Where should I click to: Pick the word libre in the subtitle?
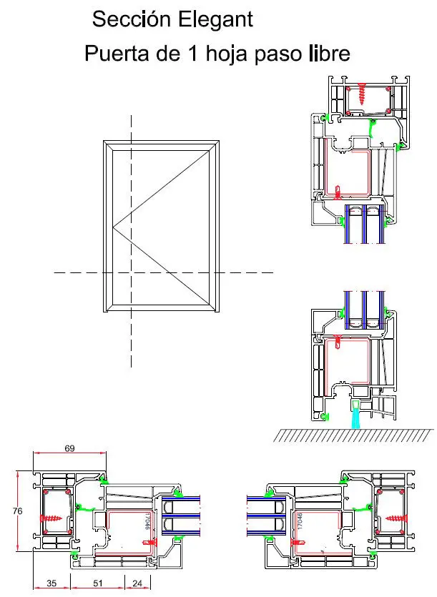pos(330,54)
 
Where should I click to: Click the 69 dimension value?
pos(70,448)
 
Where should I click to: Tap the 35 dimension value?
pos(51,584)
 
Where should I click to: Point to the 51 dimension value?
pos(98,584)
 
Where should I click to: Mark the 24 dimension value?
pos(137,584)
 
